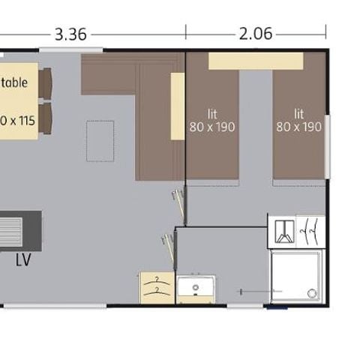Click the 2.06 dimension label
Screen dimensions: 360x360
pyautogui.click(x=255, y=34)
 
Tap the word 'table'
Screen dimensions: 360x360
pyautogui.click(x=14, y=82)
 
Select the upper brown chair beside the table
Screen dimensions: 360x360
pyautogui.click(x=46, y=83)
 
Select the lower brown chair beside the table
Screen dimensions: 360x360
pyautogui.click(x=46, y=118)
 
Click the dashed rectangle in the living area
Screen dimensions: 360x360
pyautogui.click(x=100, y=140)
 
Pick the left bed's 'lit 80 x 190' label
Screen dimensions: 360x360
pyautogui.click(x=212, y=120)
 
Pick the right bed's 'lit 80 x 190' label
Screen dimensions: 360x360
pyautogui.click(x=298, y=120)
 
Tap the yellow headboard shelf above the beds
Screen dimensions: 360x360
pyautogui.click(x=255, y=61)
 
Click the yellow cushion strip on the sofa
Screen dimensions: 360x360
pyautogui.click(x=178, y=106)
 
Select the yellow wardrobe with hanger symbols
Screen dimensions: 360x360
pyautogui.click(x=156, y=288)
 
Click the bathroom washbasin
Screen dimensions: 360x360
pyautogui.click(x=196, y=289)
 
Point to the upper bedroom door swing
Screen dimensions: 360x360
pyautogui.click(x=178, y=200)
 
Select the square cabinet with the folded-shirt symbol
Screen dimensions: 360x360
pyautogui.click(x=282, y=232)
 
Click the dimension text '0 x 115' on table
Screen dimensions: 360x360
pyautogui.click(x=16, y=119)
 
